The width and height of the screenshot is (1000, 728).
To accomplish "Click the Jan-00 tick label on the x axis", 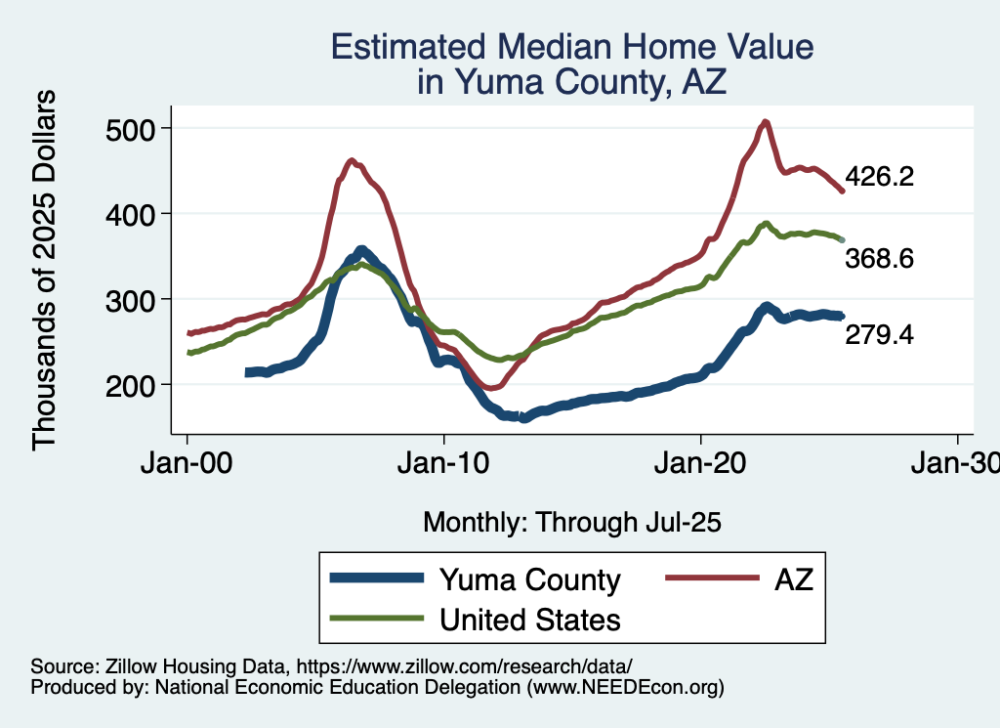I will [x=187, y=460].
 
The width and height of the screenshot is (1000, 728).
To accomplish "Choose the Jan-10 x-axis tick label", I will [x=444, y=460].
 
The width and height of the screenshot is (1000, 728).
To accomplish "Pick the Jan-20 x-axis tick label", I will [x=701, y=460].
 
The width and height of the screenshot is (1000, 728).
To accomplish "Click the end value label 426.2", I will [x=879, y=177].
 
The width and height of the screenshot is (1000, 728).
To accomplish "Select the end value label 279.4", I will [x=879, y=335].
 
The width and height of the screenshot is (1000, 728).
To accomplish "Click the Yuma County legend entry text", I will [x=529, y=580].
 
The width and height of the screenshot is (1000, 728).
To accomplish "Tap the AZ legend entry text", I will [x=793, y=580].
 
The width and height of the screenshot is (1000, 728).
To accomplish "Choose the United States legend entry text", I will [x=529, y=619].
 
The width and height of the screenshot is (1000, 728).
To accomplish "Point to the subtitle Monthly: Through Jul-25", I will [x=571, y=522].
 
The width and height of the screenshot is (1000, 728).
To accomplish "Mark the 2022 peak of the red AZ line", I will [x=766, y=121].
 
